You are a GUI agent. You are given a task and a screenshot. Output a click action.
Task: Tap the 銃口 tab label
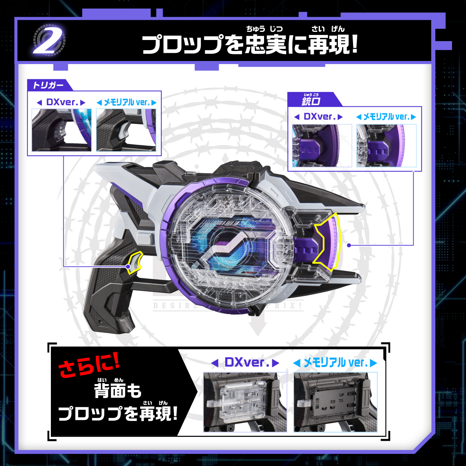(x=310, y=101)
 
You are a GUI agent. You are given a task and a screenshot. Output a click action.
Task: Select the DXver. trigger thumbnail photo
(x=62, y=130)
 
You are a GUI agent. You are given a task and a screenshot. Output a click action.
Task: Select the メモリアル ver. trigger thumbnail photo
(x=126, y=130)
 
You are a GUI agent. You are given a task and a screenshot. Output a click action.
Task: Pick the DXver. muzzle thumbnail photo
(x=322, y=146)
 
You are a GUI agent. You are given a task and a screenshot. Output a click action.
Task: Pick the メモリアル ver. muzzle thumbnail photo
(x=386, y=146)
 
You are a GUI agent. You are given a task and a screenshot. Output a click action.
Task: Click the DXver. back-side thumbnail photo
(x=245, y=402)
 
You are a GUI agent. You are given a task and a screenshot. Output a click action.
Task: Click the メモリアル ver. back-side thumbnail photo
(x=336, y=402)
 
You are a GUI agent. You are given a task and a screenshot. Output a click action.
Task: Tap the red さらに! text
(x=89, y=366)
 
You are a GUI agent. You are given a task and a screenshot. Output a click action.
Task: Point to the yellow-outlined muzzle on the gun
(x=328, y=243)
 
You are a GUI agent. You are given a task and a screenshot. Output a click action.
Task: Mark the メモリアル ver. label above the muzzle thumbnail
(x=386, y=116)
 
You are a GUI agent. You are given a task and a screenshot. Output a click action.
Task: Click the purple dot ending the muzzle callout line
(x=349, y=245)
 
